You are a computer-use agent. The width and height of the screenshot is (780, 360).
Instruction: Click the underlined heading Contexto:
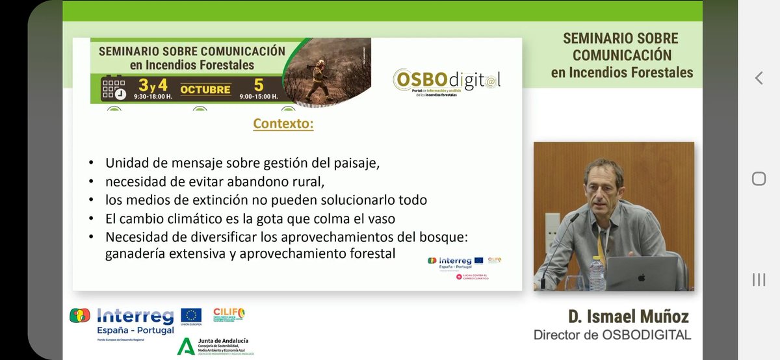(283, 123)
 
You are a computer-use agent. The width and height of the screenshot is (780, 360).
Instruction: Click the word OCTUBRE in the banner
(205, 89)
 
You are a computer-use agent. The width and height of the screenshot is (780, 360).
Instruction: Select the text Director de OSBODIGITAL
(612, 335)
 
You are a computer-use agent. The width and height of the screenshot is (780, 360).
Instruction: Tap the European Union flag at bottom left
(190, 315)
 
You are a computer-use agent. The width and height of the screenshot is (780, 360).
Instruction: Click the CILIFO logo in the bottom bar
(229, 315)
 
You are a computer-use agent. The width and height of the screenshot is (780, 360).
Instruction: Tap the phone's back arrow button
(758, 78)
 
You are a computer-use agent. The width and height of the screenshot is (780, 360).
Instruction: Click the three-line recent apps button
(758, 279)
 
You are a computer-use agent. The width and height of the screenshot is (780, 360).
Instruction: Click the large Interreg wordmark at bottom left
(135, 316)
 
